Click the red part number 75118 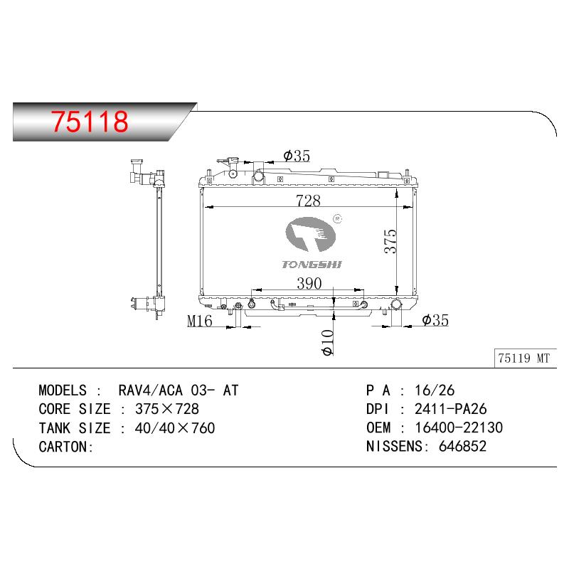click(x=90, y=121)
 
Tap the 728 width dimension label click(x=308, y=201)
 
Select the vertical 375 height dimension click(x=390, y=241)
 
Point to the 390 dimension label click(x=309, y=283)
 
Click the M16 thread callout click(x=200, y=321)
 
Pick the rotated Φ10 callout click(x=327, y=343)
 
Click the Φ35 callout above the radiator click(x=297, y=156)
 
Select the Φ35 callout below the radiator click(x=435, y=320)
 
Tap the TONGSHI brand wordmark click(x=312, y=264)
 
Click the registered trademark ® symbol click(x=337, y=219)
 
